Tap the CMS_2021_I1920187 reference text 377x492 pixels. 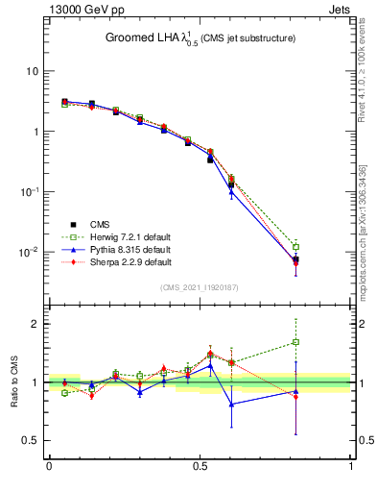(x=199, y=287)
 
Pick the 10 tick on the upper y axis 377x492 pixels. (x=33, y=71)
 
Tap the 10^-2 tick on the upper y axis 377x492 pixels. (x=31, y=252)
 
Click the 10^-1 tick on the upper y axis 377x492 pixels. (x=31, y=192)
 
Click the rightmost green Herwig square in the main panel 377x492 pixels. (x=295, y=247)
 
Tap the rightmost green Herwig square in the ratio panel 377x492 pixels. (x=295, y=342)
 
